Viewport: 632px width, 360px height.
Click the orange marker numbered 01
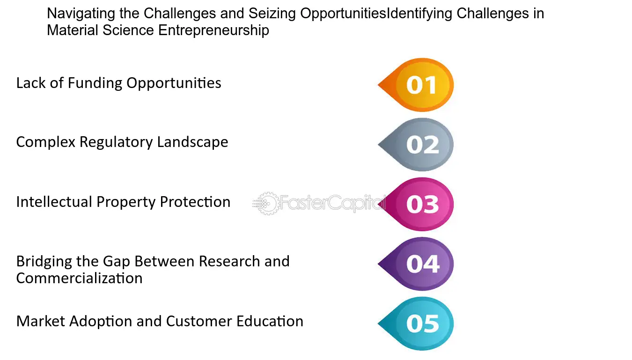[x=416, y=85]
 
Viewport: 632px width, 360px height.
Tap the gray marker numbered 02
[x=416, y=145]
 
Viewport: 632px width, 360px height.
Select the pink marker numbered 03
[x=416, y=204]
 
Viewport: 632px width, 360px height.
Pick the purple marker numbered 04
[x=416, y=264]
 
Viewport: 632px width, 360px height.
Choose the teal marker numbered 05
[x=416, y=323]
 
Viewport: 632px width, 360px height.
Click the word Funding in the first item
[x=95, y=83]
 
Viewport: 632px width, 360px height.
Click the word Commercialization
[x=79, y=279]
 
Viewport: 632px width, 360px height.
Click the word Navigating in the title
[x=81, y=14]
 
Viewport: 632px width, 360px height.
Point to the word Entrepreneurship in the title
[x=213, y=30]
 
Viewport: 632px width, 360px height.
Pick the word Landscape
[x=192, y=142]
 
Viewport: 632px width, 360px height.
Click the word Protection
[x=195, y=202]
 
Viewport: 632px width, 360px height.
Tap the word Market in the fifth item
[x=41, y=321]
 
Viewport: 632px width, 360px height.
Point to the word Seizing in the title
[x=272, y=14]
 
